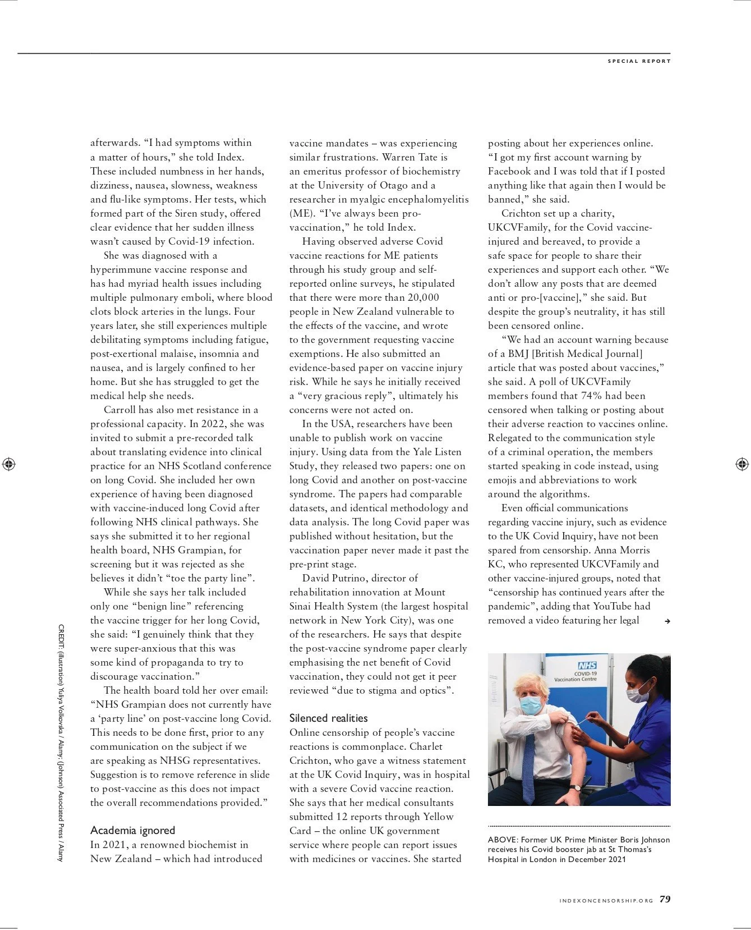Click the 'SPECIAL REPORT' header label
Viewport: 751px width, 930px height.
639,61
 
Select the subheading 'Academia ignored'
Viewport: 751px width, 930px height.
132,830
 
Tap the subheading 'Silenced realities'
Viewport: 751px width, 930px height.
328,718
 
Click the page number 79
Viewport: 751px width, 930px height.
665,899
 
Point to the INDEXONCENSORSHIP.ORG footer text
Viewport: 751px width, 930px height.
606,901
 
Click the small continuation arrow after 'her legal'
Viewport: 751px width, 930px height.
667,621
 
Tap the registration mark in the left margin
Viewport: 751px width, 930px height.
9,464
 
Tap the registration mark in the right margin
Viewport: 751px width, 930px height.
741,464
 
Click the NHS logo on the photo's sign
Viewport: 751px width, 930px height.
587,665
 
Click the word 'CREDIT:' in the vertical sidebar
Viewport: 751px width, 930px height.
61,637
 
